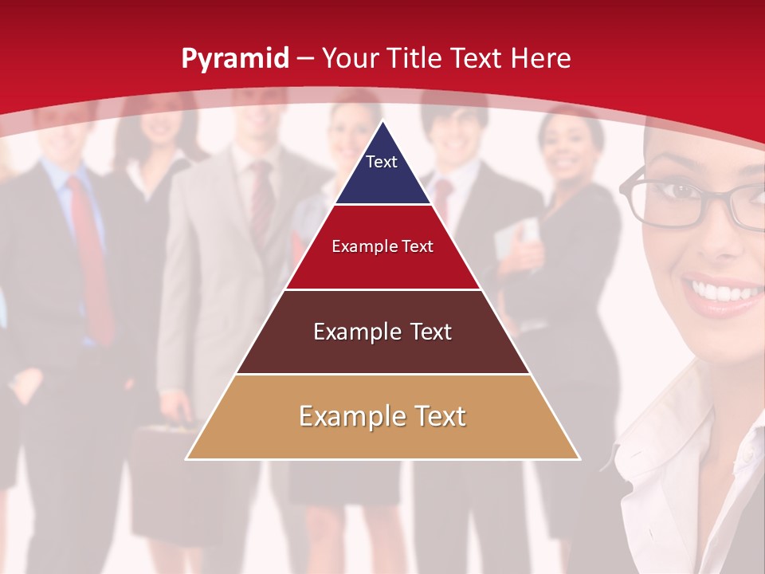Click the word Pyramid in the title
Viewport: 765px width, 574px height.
(x=235, y=59)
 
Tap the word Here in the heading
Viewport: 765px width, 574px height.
(x=541, y=58)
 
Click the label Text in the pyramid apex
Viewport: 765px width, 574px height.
(x=382, y=162)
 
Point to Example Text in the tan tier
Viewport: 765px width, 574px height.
(x=382, y=416)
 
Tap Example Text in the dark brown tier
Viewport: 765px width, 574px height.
(x=382, y=332)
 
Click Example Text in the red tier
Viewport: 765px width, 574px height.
(x=382, y=246)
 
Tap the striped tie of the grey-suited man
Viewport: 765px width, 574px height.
(x=261, y=199)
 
